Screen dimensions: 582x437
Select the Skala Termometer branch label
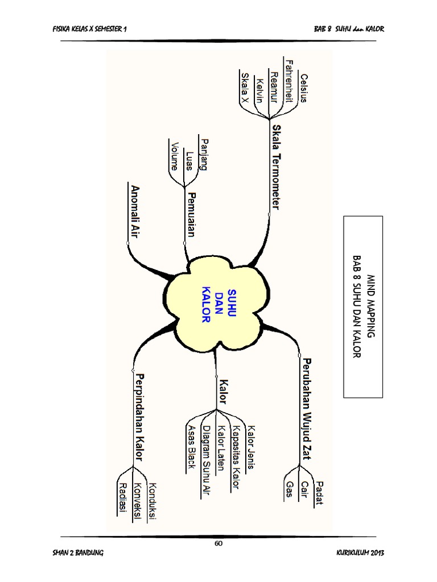click(x=277, y=167)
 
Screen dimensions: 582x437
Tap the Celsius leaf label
click(x=304, y=88)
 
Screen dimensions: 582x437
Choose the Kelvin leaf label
click(x=260, y=90)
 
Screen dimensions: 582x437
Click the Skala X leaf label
click(x=245, y=88)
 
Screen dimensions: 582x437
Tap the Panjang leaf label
click(x=204, y=154)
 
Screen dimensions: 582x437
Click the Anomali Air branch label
click(x=135, y=210)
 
